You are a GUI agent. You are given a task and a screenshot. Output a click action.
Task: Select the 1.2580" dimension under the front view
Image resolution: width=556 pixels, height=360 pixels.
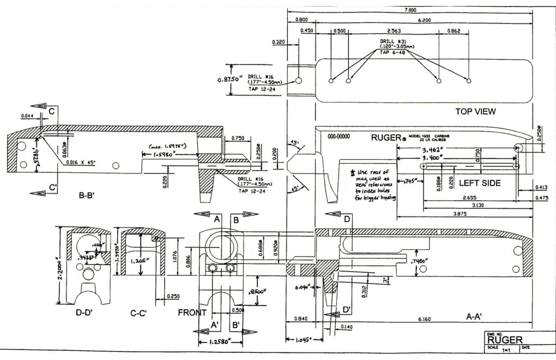point(221,343)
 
